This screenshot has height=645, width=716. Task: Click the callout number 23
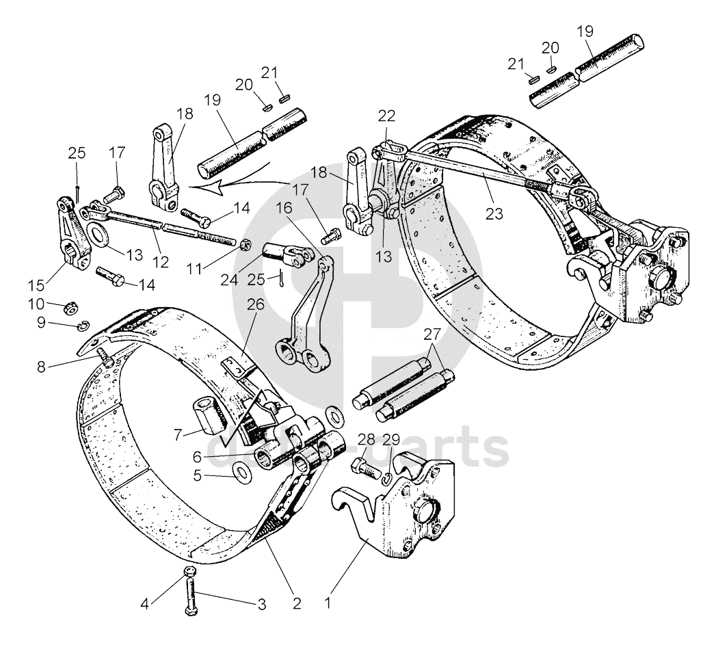494,213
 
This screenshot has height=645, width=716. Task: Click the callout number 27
432,334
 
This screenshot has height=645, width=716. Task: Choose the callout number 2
296,604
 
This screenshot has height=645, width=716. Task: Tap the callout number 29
391,439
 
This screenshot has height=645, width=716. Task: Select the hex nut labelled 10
69,308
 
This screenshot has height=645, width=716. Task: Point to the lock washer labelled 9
83,324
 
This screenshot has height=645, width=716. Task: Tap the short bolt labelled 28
364,468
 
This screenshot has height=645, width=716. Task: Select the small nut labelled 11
246,243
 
